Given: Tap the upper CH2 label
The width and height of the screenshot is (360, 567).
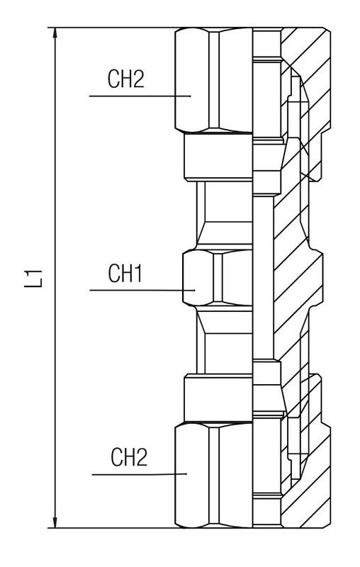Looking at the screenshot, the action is tap(125, 79).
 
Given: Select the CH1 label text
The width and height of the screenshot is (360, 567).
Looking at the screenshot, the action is tap(125, 273).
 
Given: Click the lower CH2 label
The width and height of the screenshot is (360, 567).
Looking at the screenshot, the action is tap(129, 457).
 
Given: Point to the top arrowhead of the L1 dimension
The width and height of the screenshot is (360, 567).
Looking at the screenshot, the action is tap(55, 33).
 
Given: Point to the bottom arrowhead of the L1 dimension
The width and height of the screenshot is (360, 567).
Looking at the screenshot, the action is tap(55, 522).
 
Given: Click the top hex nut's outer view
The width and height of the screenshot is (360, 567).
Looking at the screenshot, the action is tap(213, 80).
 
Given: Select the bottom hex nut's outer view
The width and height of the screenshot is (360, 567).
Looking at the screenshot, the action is tap(213, 475).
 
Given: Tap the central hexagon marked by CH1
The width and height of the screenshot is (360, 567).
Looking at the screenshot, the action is tap(218, 278).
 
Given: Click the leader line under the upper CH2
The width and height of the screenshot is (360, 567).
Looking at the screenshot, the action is tap(140, 96).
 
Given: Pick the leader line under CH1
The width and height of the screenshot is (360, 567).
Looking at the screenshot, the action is tap(142, 290).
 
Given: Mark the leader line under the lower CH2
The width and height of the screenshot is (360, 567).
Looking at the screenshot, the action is tap(139, 474).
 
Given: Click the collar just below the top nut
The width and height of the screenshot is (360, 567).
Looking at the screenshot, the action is tap(218, 156).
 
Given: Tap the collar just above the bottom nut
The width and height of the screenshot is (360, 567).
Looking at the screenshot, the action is tap(218, 398).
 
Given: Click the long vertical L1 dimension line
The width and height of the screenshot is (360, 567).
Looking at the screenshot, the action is tap(55, 278).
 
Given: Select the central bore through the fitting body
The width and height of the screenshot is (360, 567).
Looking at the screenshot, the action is tap(263, 278).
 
